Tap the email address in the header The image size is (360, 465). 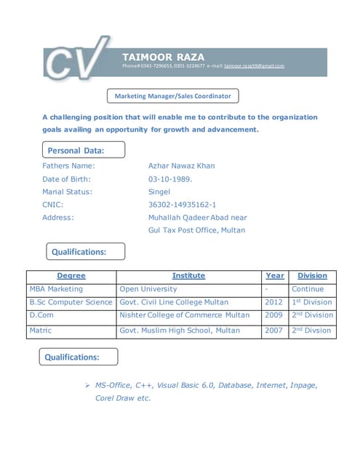pos(254,66)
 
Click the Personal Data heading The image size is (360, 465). pos(76,150)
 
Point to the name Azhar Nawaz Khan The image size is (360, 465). pos(181,166)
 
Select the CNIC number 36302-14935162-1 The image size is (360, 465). pos(182,205)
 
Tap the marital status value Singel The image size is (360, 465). pos(159,192)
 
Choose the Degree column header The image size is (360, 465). pos(71,276)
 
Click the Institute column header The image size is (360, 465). pos(188,276)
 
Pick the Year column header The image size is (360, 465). pos(275,276)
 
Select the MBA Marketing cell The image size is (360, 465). pos(56,289)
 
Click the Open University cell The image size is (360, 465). pos(148,289)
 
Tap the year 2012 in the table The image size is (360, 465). pos(273,302)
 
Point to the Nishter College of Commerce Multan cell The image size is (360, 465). pos(185,315)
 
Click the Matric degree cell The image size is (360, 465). pos(41,331)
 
